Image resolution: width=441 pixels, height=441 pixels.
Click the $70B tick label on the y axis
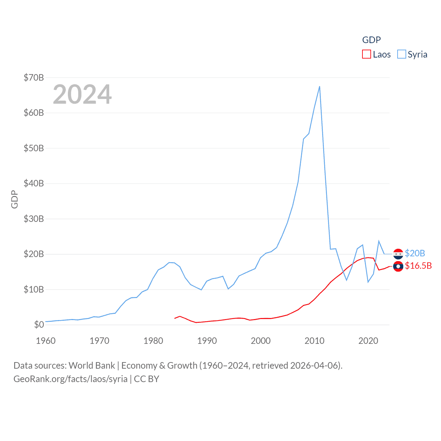[x=33, y=78]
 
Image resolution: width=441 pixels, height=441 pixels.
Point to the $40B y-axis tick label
[x=33, y=183]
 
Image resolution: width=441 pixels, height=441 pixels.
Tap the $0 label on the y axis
[x=39, y=325]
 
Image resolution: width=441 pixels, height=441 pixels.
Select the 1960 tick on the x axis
[x=46, y=341]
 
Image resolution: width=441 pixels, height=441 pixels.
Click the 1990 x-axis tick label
[x=207, y=341]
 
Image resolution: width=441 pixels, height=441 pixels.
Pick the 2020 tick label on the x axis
[x=368, y=341]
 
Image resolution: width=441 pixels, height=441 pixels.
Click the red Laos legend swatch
[x=366, y=54]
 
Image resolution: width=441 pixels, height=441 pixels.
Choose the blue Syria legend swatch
[x=401, y=54]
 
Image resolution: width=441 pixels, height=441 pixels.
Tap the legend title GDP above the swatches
[x=371, y=40]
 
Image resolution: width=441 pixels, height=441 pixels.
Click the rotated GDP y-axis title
[x=14, y=199]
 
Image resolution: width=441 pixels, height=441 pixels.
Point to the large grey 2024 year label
[x=82, y=94]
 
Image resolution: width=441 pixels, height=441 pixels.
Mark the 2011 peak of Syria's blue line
[x=319, y=86]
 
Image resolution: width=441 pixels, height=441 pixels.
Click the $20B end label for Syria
[x=415, y=253]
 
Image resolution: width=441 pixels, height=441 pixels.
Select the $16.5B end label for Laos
[x=418, y=266]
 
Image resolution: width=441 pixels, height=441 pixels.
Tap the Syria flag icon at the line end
[x=398, y=254]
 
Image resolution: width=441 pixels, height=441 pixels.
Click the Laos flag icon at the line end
[x=398, y=266]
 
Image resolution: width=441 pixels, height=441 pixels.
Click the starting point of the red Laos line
[x=175, y=318]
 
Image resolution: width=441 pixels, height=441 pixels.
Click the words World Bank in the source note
[x=92, y=366]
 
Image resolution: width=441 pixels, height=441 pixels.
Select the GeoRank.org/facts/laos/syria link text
[x=71, y=379]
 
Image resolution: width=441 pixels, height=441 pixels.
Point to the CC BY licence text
[x=146, y=379]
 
